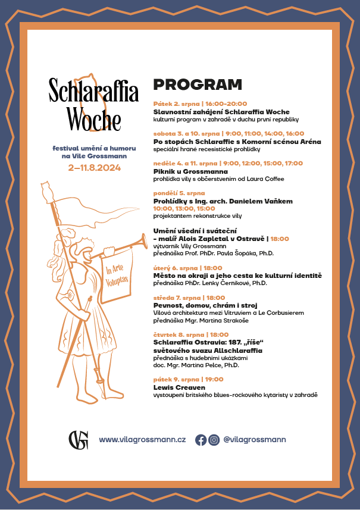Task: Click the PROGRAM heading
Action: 198,85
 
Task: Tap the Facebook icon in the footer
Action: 201,440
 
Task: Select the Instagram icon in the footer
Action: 214,440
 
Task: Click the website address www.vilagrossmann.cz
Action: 142,440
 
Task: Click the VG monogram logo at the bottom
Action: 78,440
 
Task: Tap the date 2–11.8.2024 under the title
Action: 94,168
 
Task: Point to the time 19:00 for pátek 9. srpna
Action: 215,379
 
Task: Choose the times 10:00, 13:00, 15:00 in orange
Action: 184,209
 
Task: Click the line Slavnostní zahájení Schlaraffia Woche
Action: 221,112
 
